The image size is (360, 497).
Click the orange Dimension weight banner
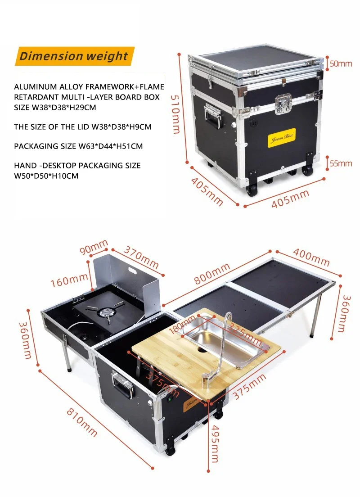click(x=74, y=57)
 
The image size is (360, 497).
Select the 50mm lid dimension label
click(x=341, y=63)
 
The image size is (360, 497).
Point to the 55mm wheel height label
click(x=341, y=163)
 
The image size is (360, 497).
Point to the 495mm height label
click(x=215, y=443)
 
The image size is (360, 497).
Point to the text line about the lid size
click(x=82, y=127)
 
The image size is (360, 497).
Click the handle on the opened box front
click(x=123, y=385)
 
